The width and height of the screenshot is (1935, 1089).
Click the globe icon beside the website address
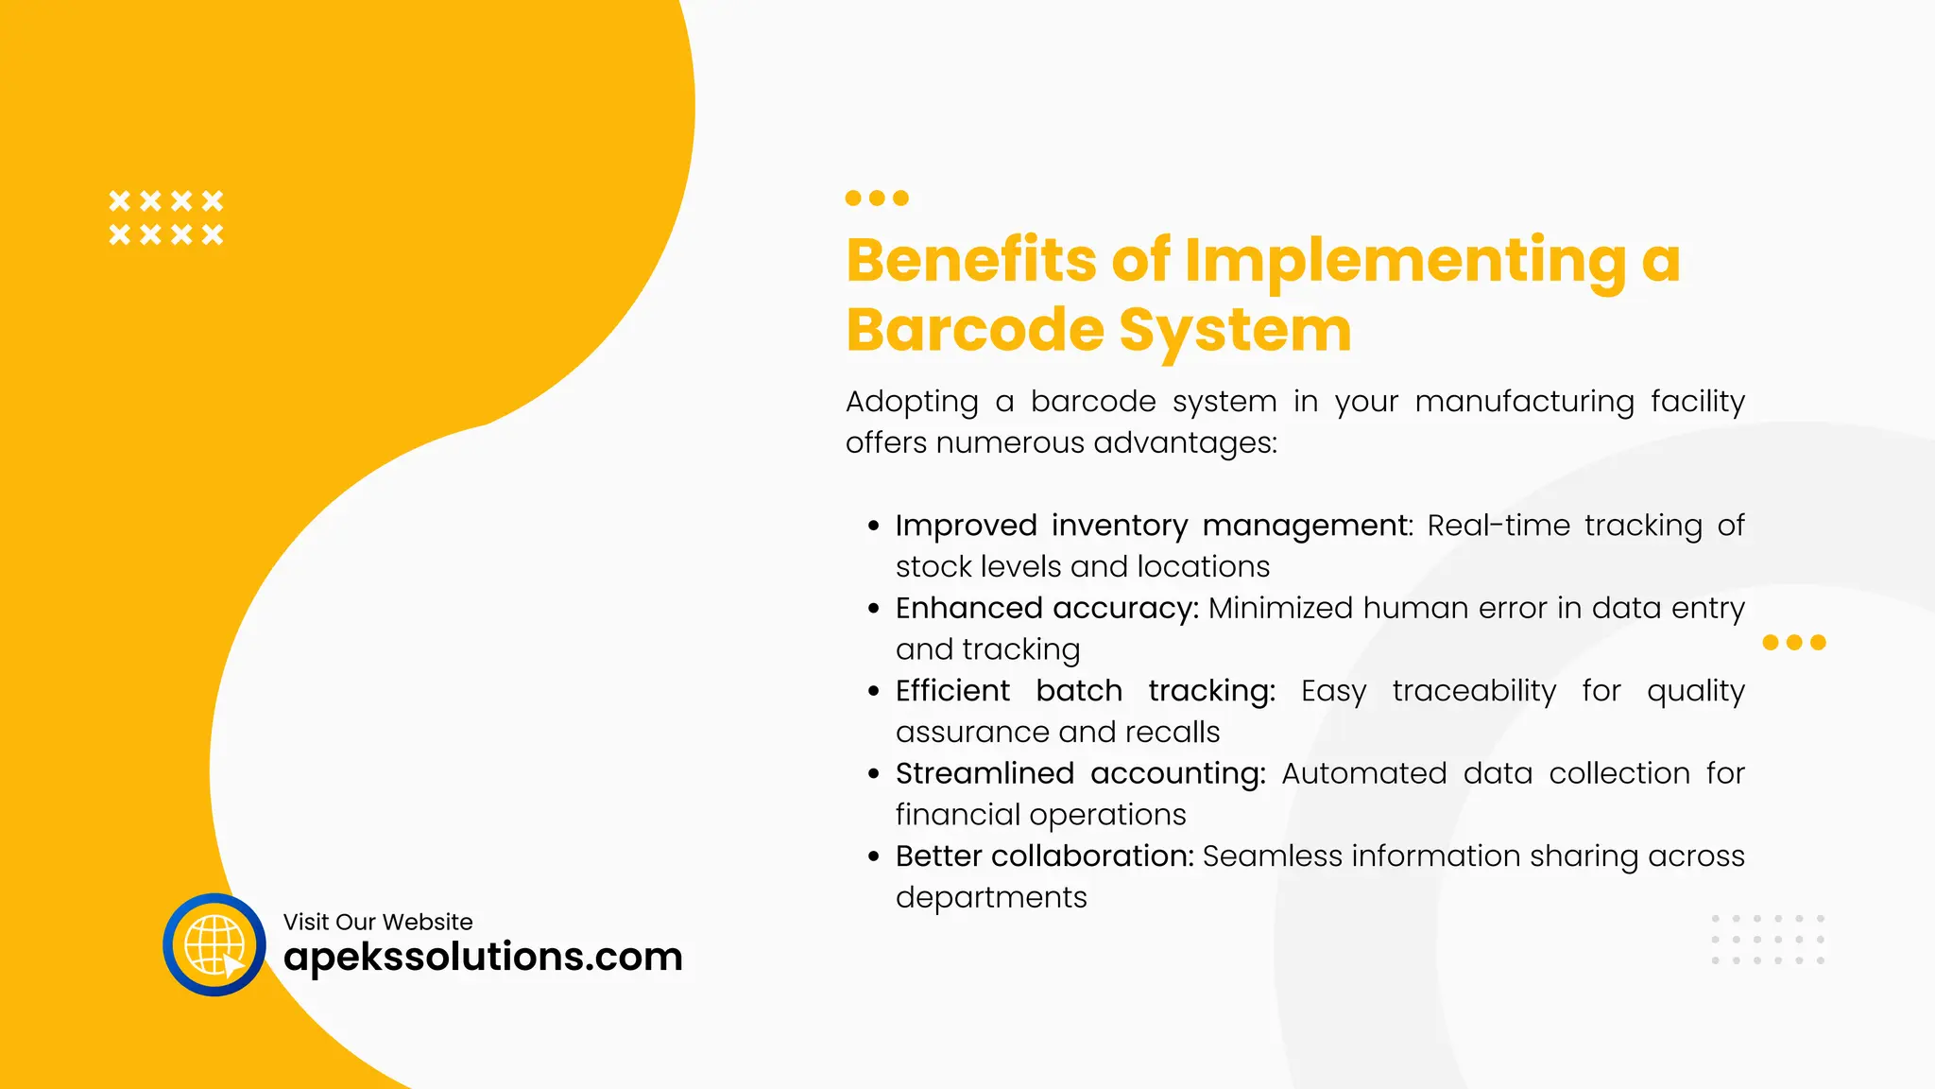(214, 944)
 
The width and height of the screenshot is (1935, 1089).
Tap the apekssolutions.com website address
(483, 957)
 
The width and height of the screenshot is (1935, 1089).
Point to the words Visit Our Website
(378, 922)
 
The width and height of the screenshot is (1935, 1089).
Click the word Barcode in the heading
(974, 330)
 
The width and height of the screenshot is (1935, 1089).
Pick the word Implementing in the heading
(1405, 262)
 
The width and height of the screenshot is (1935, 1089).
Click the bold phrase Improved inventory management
(1152, 525)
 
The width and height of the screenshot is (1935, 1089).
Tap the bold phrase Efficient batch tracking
(1085, 691)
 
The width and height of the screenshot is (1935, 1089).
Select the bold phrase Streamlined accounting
(1080, 773)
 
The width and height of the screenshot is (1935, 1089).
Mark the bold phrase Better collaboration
(1044, 856)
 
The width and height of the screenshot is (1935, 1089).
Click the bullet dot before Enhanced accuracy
(874, 609)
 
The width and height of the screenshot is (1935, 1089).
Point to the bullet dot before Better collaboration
(874, 857)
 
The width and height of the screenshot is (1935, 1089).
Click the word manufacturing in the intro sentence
(1524, 402)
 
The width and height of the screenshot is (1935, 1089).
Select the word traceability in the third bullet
(1474, 691)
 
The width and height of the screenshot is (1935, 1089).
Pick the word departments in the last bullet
(991, 898)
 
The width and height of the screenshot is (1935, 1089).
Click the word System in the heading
(1235, 332)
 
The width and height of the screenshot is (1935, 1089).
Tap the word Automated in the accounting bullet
(1363, 773)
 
